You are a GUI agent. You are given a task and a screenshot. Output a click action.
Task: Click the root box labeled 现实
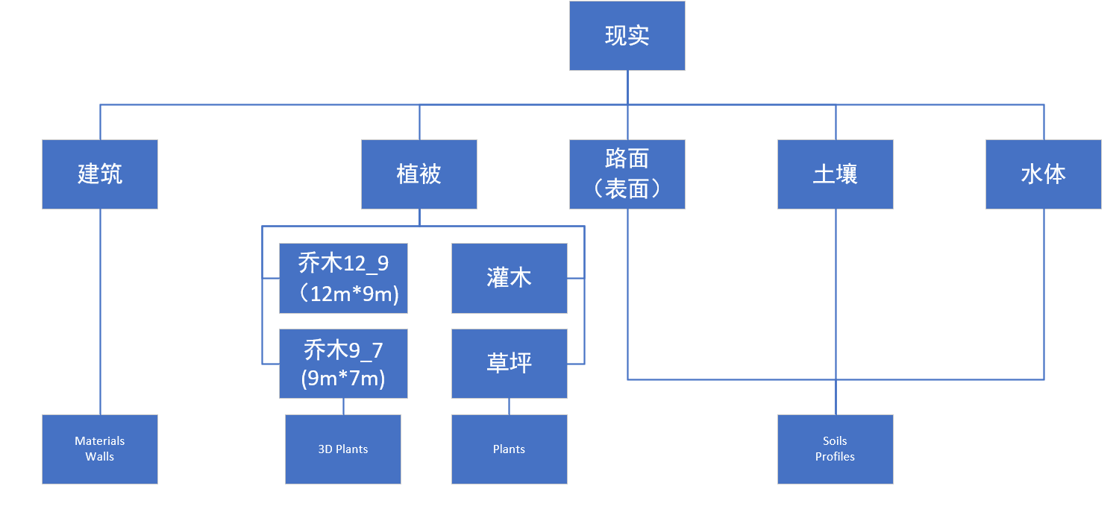[627, 36]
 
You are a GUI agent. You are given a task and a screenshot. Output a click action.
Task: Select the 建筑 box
[99, 174]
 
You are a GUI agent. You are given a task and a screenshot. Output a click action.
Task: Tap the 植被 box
[419, 174]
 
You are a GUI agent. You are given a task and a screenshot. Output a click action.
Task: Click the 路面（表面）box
[627, 174]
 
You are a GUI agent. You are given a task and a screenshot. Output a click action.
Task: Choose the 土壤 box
[835, 174]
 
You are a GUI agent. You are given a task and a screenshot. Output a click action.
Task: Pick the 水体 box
[1043, 174]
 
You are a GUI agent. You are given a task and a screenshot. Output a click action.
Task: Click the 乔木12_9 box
[343, 278]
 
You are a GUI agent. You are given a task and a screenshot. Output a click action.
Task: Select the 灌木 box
[509, 278]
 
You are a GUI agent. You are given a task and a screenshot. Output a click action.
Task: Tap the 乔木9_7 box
[343, 364]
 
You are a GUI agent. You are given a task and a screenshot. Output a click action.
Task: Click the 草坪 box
[509, 364]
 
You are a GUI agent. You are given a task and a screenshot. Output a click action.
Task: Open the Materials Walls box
[99, 449]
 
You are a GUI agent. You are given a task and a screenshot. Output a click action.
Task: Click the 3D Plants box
[343, 449]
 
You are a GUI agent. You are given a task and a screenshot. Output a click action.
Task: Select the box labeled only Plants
[509, 449]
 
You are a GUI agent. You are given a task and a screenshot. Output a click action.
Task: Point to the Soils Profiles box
[835, 449]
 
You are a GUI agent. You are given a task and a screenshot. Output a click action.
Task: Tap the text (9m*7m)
[343, 379]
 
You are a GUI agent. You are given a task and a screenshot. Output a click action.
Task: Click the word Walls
[99, 457]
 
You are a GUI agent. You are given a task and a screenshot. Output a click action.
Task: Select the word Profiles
[835, 457]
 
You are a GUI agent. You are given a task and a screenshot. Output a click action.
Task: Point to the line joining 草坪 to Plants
[509, 406]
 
